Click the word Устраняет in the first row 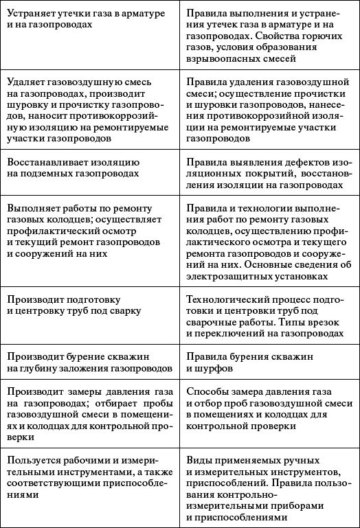pyautogui.click(x=31, y=12)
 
